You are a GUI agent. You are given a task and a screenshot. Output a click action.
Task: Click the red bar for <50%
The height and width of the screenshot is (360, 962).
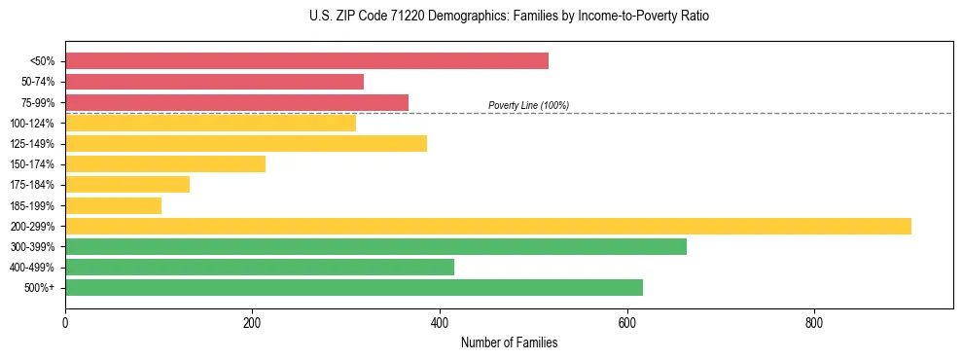(306, 61)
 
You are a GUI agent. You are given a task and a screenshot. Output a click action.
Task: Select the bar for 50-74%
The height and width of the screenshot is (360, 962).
(214, 82)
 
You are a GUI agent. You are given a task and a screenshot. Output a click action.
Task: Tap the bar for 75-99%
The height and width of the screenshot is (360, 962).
(236, 102)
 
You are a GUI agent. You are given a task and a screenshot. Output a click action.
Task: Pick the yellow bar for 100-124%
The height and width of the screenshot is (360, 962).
(210, 123)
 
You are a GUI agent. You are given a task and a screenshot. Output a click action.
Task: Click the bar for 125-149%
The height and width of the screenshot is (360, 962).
(246, 143)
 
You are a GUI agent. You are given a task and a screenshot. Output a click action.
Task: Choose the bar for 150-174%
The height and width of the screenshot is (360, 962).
(165, 164)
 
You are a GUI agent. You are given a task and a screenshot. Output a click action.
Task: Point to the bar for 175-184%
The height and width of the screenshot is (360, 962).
(127, 185)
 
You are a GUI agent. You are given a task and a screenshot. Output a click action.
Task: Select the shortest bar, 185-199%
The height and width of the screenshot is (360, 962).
(113, 205)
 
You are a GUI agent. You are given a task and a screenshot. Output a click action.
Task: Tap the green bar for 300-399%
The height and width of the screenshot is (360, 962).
(375, 246)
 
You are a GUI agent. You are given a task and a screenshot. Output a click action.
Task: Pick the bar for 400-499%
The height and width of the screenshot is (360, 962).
(260, 267)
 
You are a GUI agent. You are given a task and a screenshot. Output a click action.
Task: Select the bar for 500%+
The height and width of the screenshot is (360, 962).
(354, 287)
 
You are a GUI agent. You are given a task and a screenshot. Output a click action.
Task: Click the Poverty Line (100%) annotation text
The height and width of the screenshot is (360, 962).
(528, 105)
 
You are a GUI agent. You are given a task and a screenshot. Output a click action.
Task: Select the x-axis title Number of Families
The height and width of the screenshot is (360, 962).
(509, 342)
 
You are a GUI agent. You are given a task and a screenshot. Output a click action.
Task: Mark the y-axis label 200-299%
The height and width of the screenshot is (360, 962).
(32, 226)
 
